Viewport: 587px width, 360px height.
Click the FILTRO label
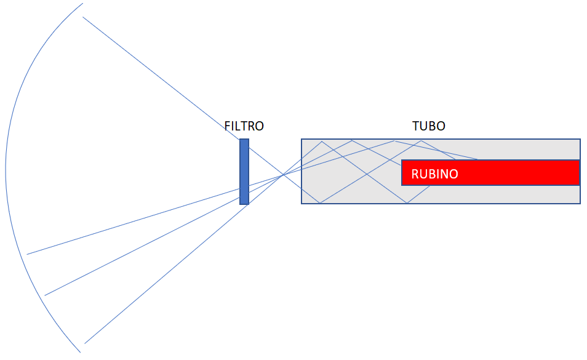pos(244,126)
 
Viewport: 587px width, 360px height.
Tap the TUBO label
pos(429,126)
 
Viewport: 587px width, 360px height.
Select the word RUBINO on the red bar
pos(434,174)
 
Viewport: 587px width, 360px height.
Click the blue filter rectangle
pos(244,172)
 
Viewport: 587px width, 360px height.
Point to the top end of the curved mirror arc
pos(82,3)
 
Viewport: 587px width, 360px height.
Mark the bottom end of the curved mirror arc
pos(81,353)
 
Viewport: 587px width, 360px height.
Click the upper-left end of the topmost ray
pos(82,17)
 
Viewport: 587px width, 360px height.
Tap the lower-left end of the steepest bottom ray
pos(85,343)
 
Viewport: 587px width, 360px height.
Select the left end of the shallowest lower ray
pos(27,255)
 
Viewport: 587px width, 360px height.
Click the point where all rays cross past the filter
pos(283,175)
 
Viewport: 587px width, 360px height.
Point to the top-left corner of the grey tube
pos(301,139)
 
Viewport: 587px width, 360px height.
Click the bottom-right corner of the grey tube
pos(580,204)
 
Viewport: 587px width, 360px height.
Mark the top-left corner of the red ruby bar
pos(402,160)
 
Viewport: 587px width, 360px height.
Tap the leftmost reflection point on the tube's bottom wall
pos(320,203)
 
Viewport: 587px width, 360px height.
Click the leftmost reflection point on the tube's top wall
pos(322,141)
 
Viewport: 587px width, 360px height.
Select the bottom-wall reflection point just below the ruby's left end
pos(407,203)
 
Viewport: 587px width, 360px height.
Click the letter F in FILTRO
pos(227,126)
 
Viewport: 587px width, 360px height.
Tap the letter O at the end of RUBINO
pos(453,174)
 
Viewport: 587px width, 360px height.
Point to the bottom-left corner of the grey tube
pos(301,204)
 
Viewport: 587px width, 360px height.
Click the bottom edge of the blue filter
pos(244,204)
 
